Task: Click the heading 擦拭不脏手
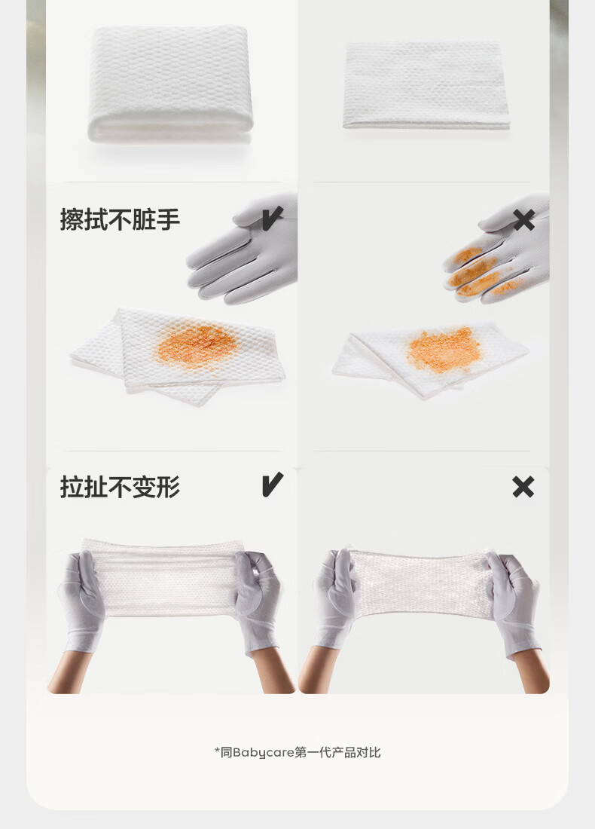[120, 220]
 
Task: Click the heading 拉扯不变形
[120, 488]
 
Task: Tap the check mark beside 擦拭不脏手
[272, 219]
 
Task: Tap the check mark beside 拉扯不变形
[272, 485]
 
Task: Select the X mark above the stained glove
[523, 220]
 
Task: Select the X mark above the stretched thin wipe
[523, 487]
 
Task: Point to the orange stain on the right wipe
[444, 349]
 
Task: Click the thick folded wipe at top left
[170, 84]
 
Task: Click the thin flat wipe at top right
[426, 84]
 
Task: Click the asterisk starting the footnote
[217, 751]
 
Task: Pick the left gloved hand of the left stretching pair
[81, 599]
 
